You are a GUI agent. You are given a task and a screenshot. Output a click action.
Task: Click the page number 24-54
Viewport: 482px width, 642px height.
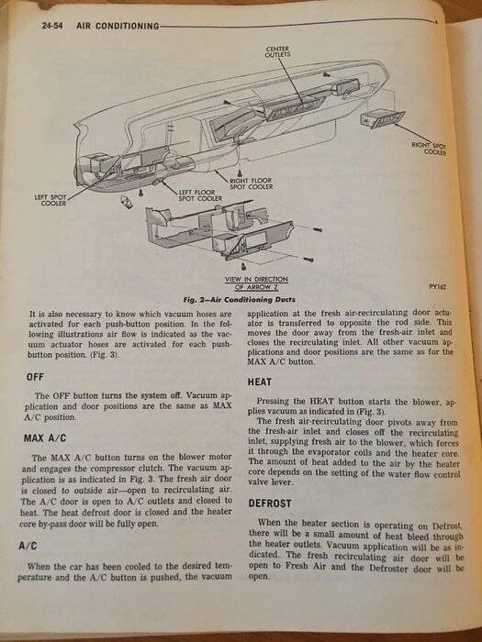coord(52,26)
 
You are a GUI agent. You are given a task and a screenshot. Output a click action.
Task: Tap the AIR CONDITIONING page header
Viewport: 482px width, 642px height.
coord(118,26)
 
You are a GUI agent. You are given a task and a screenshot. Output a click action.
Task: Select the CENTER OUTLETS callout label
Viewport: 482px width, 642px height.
coord(277,51)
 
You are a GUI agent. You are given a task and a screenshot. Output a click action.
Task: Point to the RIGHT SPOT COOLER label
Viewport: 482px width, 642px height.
coord(430,149)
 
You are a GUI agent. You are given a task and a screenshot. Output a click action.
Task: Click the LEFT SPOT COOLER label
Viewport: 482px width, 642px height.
coord(50,200)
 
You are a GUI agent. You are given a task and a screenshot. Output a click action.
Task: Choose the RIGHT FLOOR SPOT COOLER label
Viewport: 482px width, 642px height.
coord(251,183)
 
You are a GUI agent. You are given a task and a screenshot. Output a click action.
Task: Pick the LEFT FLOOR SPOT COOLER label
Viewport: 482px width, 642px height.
coord(200,194)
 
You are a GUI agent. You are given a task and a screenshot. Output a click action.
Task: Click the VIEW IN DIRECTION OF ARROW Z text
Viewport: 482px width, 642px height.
coord(256,282)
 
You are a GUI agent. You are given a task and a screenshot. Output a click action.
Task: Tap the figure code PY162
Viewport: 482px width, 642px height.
coord(438,287)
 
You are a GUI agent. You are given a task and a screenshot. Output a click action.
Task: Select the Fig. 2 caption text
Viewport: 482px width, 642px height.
coord(240,300)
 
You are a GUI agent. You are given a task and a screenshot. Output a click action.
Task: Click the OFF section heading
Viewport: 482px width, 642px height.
coord(35,376)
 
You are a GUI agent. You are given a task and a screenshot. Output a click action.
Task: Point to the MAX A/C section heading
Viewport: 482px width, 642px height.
coord(45,438)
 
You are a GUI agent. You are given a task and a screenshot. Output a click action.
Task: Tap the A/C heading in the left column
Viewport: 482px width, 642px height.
coord(28,546)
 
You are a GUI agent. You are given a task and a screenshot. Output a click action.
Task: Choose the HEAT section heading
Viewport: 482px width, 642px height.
coord(260,382)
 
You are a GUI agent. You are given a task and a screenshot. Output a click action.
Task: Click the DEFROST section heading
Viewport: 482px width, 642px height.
coord(270,504)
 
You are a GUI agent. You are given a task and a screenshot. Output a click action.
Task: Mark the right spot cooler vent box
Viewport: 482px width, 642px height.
coord(382,119)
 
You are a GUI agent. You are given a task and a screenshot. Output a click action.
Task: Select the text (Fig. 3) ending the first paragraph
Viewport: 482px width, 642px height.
coord(103,356)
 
